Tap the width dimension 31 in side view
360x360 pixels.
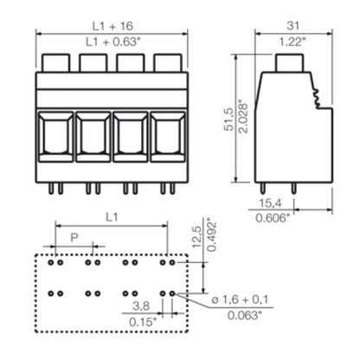292,24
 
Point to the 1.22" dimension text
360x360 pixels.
292,42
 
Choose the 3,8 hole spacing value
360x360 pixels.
139,305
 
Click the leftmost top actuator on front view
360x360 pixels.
56,62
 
